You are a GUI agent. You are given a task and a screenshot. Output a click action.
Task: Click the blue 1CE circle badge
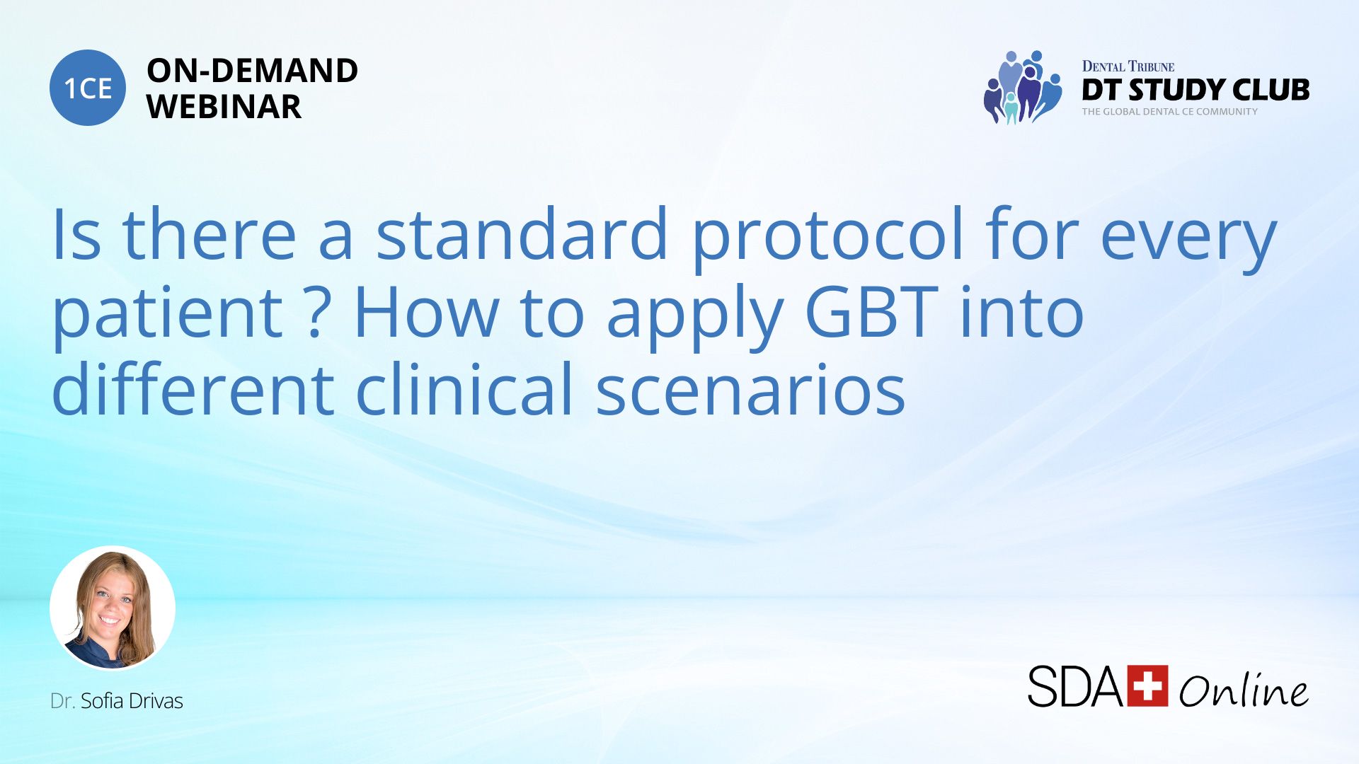88,88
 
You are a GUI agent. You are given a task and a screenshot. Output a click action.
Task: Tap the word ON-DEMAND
252,71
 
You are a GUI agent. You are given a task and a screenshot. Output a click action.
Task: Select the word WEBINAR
224,107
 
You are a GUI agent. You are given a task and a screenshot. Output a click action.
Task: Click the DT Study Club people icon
1023,87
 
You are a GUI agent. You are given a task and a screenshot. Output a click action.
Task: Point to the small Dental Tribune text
1128,66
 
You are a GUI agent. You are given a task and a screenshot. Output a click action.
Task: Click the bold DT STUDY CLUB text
1195,90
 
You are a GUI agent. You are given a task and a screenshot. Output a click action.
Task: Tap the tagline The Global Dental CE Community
1169,112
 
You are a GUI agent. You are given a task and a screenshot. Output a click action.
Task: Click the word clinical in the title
464,388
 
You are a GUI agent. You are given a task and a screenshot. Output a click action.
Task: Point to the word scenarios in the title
750,389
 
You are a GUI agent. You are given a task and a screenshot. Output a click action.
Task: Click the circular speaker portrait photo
113,608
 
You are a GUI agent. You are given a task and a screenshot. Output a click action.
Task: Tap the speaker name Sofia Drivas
132,700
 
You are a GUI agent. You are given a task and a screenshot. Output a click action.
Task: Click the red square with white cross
1147,685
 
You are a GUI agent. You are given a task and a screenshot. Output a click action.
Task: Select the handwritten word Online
1244,689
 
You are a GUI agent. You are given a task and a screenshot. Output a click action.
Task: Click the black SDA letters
1076,686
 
